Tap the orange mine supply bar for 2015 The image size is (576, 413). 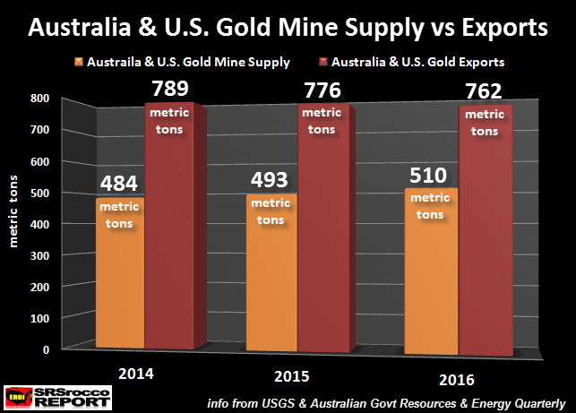click(x=275, y=287)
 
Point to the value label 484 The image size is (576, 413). click(x=119, y=184)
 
